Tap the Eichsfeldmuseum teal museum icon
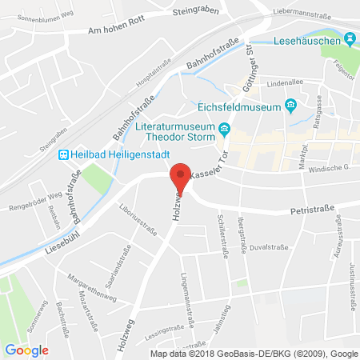coord(292,106)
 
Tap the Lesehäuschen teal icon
coord(350,38)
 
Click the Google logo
coord(26,349)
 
